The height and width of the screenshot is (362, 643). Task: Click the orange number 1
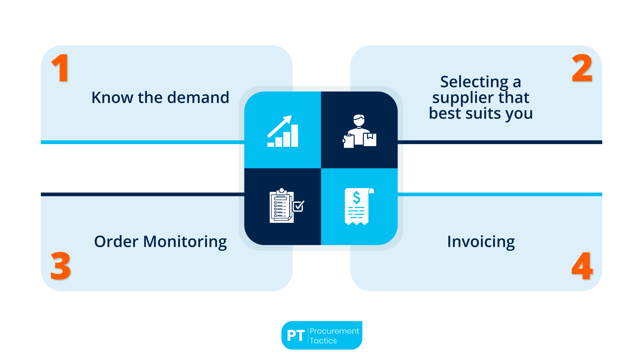click(x=61, y=68)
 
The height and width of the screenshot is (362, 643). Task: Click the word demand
click(x=198, y=98)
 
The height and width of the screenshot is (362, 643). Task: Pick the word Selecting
click(x=474, y=82)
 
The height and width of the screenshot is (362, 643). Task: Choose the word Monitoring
click(x=185, y=242)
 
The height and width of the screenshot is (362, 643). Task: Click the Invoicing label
click(x=481, y=242)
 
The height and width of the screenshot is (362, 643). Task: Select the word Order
click(x=116, y=242)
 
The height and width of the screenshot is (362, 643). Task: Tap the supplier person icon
click(x=359, y=131)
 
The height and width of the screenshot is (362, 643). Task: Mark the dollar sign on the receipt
click(x=357, y=197)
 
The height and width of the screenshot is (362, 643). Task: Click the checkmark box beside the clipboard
click(x=298, y=206)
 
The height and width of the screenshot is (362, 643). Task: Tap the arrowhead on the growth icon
click(x=288, y=119)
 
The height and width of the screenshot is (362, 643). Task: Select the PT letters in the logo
click(x=296, y=336)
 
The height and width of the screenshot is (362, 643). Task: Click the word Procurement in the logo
click(x=334, y=331)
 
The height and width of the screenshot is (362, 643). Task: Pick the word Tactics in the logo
click(x=323, y=341)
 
